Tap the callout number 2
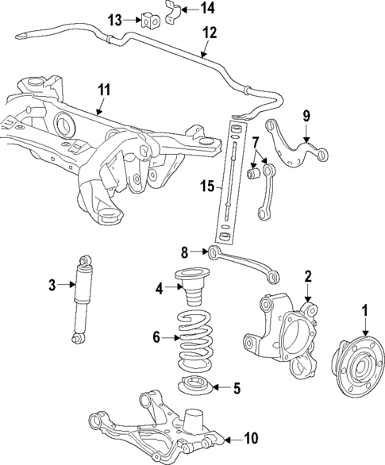tap(308, 276)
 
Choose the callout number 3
tap(52, 284)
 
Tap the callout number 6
tap(156, 337)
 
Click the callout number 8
tap(185, 252)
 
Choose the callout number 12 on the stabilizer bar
tap(209, 33)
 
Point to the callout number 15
tap(206, 186)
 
